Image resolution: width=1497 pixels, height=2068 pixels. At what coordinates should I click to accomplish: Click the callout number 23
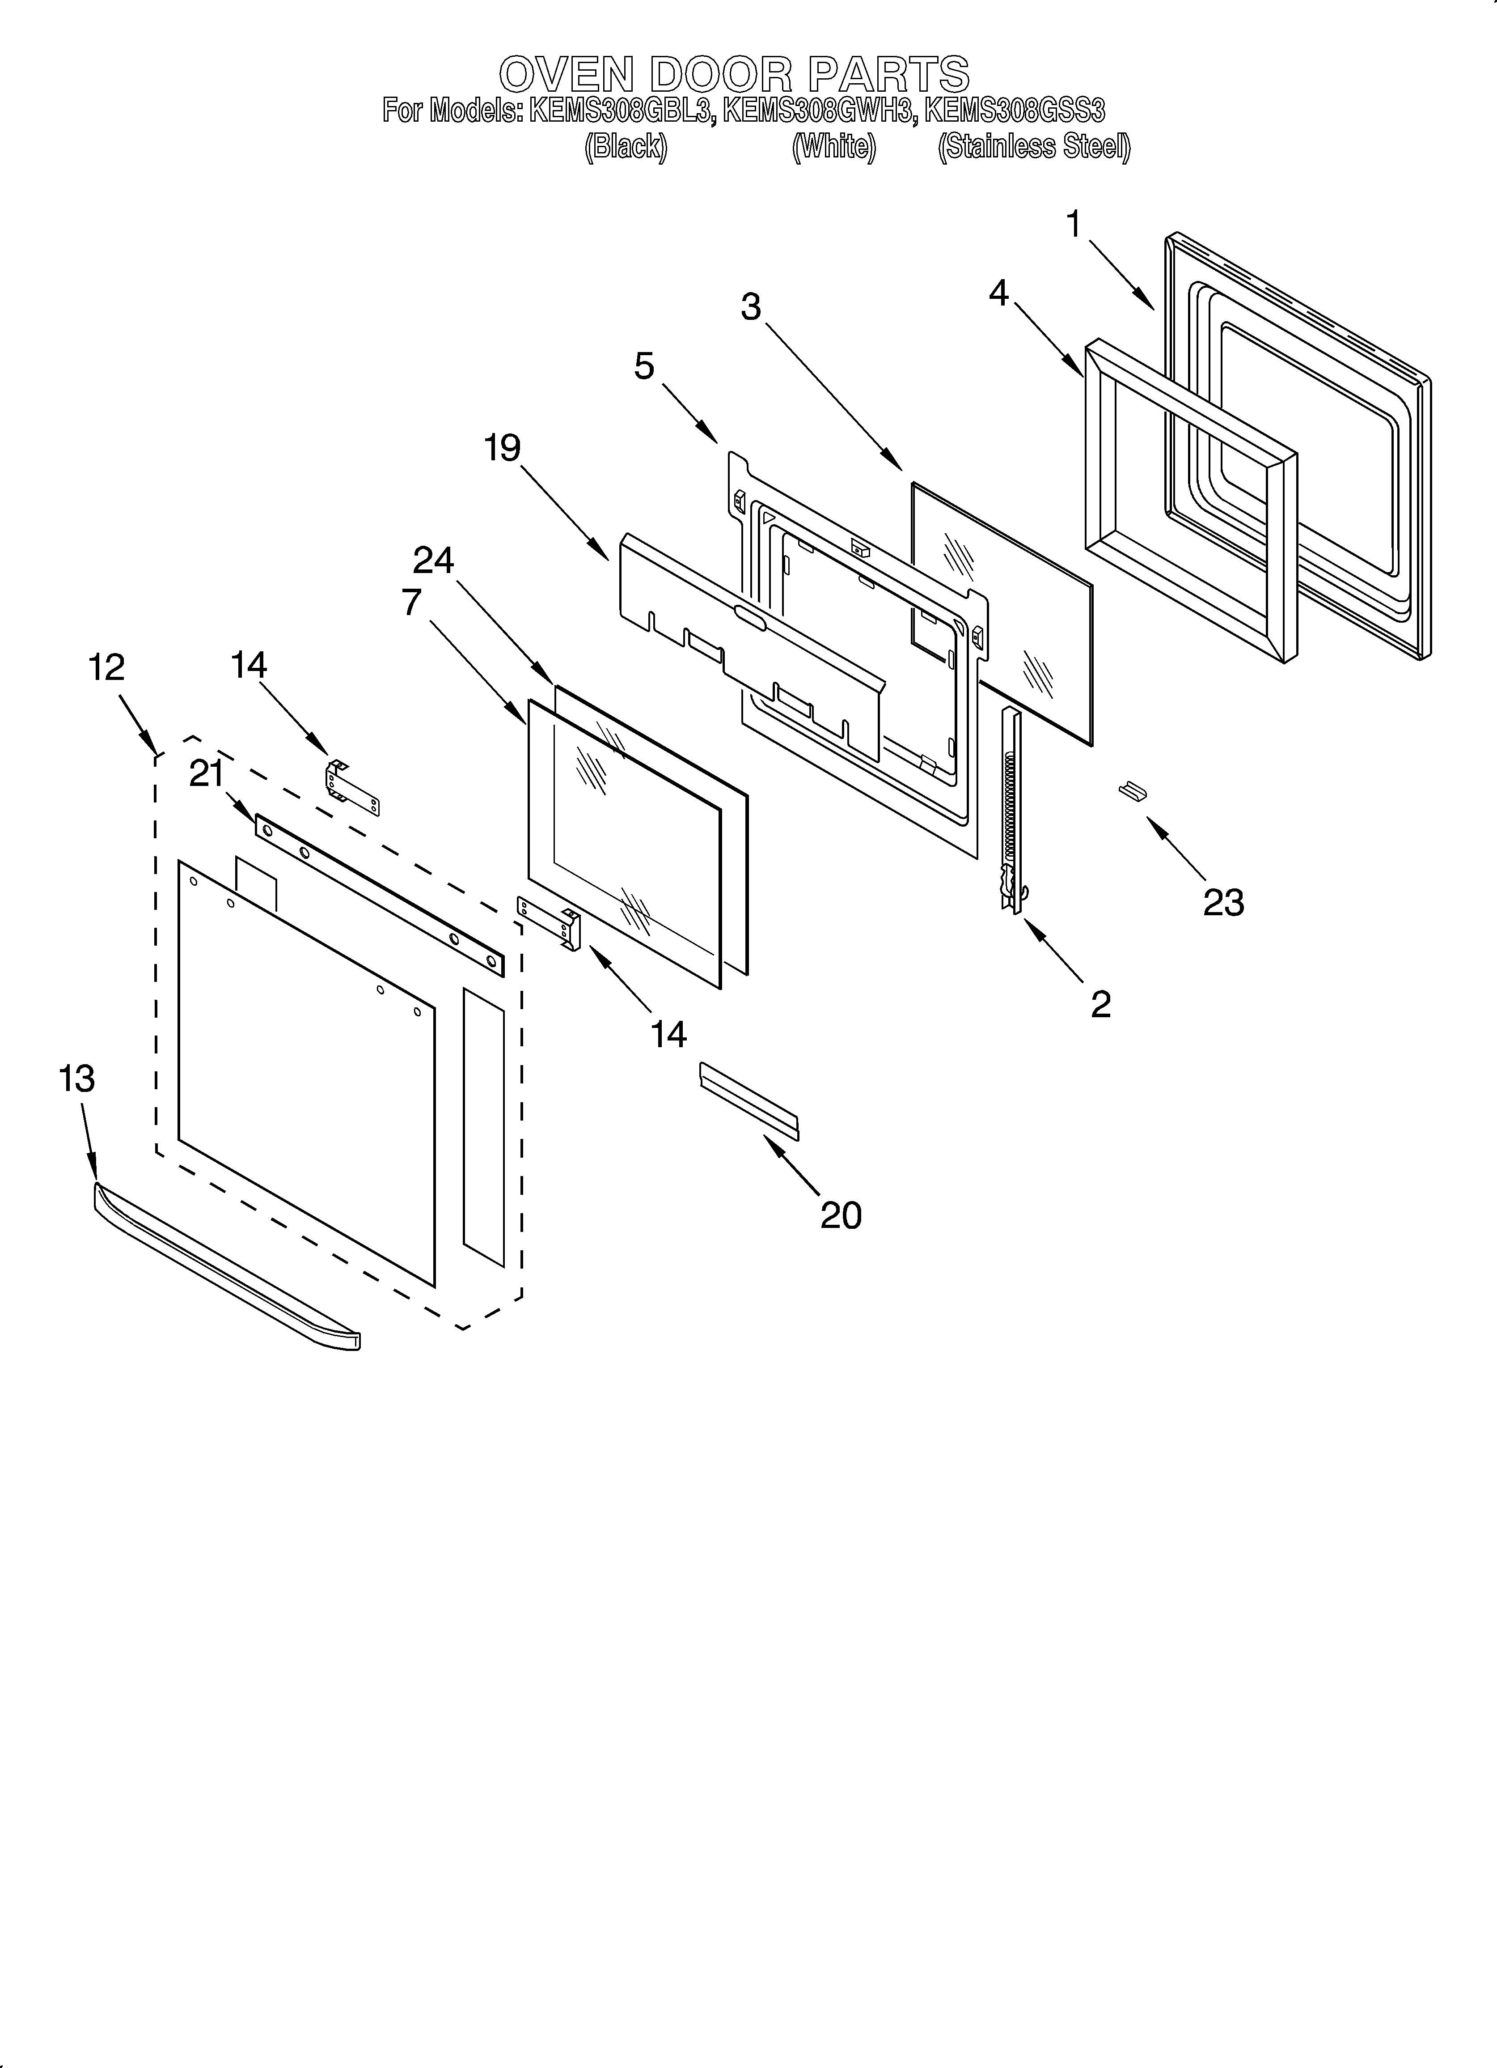click(1222, 903)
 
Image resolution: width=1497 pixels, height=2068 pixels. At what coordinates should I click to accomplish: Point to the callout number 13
click(76, 1079)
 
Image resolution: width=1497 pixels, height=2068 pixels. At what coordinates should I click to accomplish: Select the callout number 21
click(206, 774)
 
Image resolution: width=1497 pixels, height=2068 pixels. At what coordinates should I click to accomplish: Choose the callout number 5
click(645, 366)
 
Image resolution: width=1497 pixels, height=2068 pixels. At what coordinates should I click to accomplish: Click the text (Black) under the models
click(626, 147)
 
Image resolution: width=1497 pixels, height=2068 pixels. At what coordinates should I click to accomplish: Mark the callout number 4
click(999, 293)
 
